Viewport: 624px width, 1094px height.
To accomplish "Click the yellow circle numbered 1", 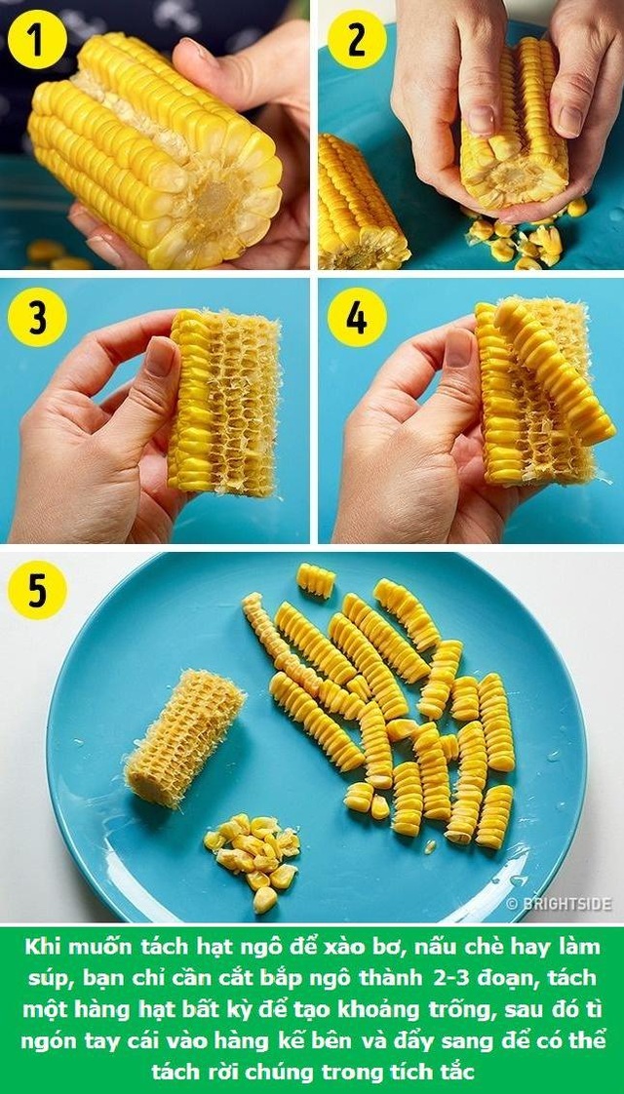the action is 37,39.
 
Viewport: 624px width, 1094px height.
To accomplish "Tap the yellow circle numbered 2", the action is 357,39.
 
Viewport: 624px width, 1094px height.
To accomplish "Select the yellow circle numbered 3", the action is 37,317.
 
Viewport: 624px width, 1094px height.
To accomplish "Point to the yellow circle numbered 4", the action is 357,317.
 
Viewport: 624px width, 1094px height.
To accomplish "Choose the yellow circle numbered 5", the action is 37,590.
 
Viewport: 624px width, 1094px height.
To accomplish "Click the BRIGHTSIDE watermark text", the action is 559,904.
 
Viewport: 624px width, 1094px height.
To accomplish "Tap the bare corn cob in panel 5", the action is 184,737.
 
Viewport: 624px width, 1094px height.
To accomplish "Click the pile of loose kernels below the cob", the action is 253,860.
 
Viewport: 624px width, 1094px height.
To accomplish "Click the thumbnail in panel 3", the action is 160,357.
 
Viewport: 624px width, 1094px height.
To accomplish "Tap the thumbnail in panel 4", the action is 458,348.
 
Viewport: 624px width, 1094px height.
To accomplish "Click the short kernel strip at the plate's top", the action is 316,580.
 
